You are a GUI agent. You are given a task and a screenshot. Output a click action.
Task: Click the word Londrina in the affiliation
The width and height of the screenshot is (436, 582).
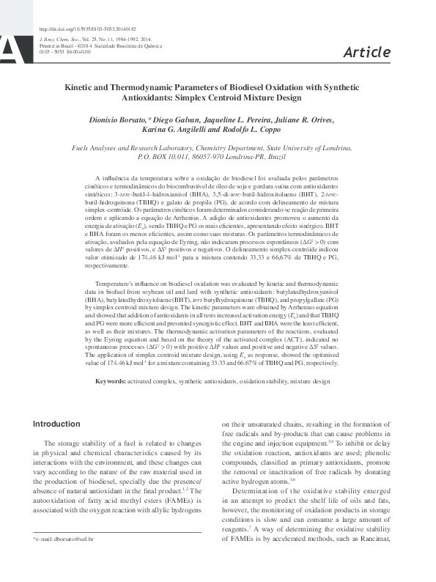[x=357, y=147]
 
